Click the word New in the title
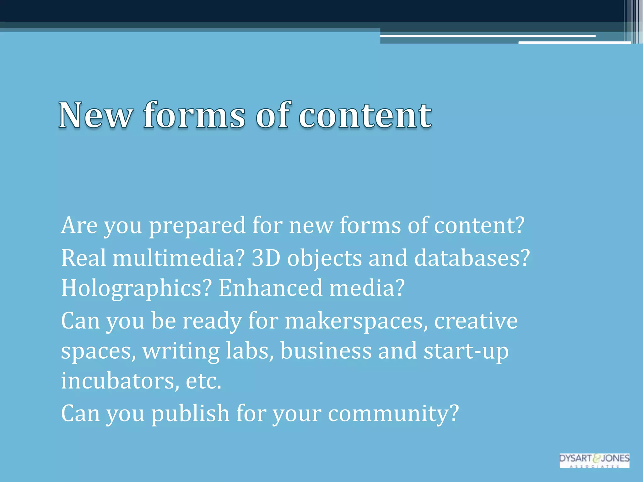pos(95,115)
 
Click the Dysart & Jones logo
pos(594,460)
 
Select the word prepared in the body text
pos(197,226)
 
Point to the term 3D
pos(266,258)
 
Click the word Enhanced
pos(270,288)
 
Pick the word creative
pos(476,321)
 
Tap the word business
pos(326,351)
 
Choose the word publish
pos(190,414)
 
